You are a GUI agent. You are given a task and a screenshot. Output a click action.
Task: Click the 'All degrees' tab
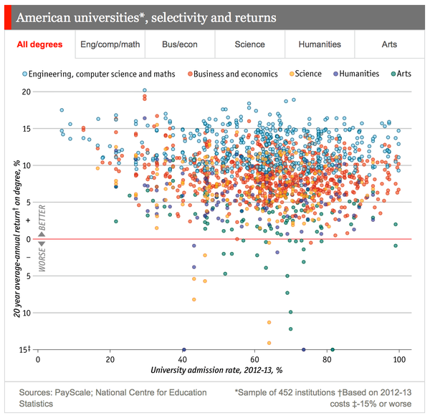40,44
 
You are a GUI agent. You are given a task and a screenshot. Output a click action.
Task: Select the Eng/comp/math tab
110,44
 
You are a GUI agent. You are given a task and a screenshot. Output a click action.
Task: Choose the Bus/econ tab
180,44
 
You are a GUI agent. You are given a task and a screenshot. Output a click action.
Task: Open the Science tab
249,44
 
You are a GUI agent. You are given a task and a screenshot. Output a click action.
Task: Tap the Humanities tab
320,44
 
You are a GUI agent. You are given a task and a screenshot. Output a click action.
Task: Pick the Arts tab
390,44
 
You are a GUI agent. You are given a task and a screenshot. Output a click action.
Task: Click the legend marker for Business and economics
191,74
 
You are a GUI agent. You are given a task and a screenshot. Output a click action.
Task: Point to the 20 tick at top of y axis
27,92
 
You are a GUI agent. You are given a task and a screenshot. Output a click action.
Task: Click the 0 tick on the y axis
29,239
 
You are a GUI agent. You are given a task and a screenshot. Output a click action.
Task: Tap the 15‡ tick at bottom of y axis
27,350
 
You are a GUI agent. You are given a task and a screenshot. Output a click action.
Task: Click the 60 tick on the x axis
254,360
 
